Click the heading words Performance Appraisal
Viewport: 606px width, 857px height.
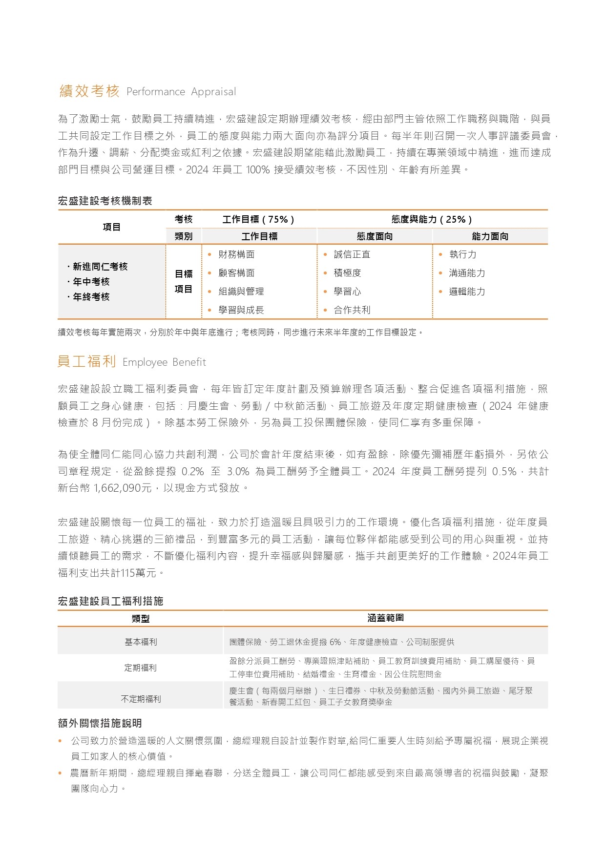pyautogui.click(x=181, y=92)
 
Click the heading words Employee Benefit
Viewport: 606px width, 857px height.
pyautogui.click(x=164, y=362)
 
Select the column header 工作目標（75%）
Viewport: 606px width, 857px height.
pyautogui.click(x=258, y=220)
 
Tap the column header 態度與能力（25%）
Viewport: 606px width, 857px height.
pyautogui.click(x=432, y=220)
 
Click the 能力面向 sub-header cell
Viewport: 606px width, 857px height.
pyautogui.click(x=490, y=236)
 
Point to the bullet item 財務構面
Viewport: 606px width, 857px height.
pyautogui.click(x=236, y=254)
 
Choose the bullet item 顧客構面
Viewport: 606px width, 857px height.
pyautogui.click(x=236, y=273)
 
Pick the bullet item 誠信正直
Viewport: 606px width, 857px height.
pyautogui.click(x=352, y=254)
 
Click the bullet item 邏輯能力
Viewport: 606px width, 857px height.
pyautogui.click(x=467, y=292)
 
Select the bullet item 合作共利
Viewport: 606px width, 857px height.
pyautogui.click(x=352, y=310)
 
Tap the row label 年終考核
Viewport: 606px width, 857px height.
pyautogui.click(x=91, y=297)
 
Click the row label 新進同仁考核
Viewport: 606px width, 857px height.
pyautogui.click(x=100, y=267)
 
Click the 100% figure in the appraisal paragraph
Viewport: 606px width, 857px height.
pyautogui.click(x=257, y=170)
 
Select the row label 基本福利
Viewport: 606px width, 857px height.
pyautogui.click(x=141, y=642)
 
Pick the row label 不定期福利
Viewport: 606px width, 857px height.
pyautogui.click(x=141, y=699)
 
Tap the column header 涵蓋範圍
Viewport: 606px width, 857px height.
pyautogui.click(x=385, y=618)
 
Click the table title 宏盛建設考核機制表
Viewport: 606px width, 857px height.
pyautogui.click(x=105, y=201)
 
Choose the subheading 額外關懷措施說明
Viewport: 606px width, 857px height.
pyautogui.click(x=100, y=723)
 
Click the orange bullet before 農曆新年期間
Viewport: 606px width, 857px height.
pyautogui.click(x=60, y=773)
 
